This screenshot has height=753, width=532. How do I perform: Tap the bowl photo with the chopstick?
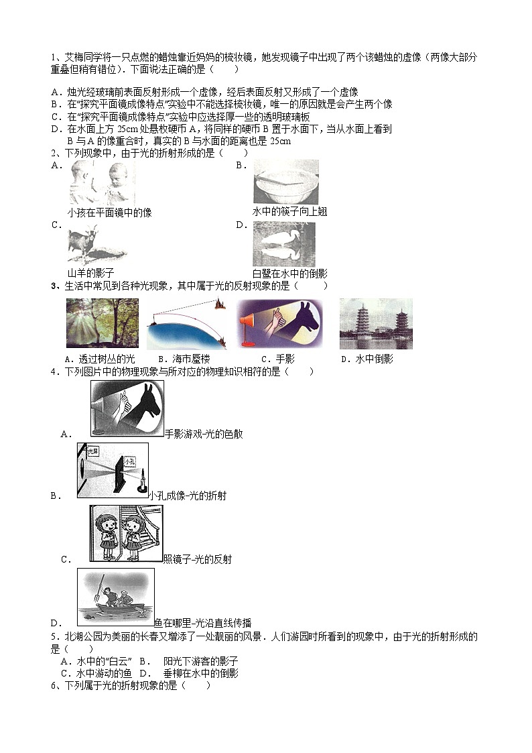(285, 182)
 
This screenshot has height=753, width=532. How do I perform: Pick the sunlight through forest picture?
(103, 323)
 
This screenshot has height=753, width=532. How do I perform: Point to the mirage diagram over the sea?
(187, 324)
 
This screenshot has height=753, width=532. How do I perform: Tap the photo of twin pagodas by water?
(375, 323)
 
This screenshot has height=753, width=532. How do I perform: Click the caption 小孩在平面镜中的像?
(110, 212)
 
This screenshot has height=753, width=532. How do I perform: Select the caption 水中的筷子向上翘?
(289, 212)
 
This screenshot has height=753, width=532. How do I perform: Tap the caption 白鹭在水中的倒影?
(289, 273)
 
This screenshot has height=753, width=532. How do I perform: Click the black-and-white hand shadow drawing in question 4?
(127, 408)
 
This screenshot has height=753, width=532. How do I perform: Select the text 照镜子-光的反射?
(198, 559)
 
